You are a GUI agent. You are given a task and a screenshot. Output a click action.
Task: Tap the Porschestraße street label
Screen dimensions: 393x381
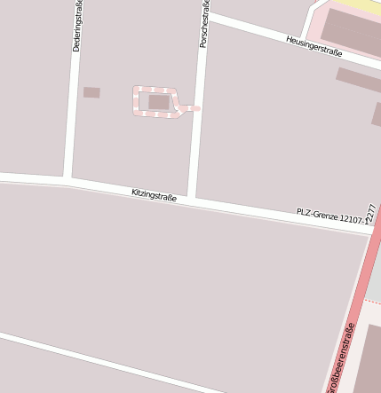[x=203, y=24]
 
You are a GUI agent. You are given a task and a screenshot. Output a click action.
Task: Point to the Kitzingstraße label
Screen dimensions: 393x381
[x=154, y=195]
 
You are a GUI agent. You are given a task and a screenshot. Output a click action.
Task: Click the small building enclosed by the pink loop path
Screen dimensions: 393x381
[x=159, y=102]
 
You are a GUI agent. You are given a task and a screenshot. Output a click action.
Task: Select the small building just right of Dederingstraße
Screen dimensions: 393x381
[x=91, y=92]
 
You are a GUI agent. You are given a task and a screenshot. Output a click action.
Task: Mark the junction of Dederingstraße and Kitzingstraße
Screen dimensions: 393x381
[x=67, y=181]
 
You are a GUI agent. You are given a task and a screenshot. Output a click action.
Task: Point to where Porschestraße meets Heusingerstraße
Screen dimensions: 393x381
[x=207, y=16]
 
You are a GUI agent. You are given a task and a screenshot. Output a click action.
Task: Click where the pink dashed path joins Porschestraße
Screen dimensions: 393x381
[x=198, y=108]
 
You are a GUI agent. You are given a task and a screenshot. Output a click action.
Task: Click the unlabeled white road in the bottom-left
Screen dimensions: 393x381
[x=89, y=358]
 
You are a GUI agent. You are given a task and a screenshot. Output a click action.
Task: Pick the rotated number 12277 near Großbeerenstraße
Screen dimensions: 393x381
[x=370, y=218]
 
